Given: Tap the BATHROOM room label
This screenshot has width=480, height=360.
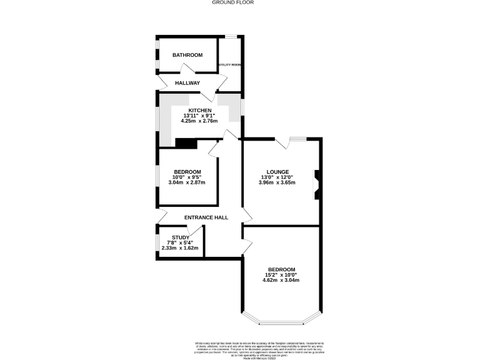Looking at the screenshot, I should tap(187, 55).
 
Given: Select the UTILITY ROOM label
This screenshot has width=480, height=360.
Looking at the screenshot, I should tap(230, 65).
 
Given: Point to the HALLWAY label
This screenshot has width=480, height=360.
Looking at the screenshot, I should tap(187, 83).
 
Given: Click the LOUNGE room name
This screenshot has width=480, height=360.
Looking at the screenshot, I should tap(277, 172).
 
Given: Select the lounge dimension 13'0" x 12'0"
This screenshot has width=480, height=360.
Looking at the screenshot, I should tap(277, 177).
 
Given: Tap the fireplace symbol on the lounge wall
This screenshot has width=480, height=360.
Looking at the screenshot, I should tap(316, 184).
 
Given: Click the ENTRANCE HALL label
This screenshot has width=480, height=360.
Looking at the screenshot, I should tap(206, 217).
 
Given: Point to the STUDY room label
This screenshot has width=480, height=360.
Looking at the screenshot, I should tap(181, 237).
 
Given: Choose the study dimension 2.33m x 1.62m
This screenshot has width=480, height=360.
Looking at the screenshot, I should tap(180, 248).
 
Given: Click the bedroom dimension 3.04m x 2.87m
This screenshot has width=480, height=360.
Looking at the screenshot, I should tap(187, 182).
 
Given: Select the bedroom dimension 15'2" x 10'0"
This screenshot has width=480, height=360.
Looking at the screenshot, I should tap(282, 274).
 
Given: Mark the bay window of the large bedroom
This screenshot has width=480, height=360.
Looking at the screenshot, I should tap(281, 323).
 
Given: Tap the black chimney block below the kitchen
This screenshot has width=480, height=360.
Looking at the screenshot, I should tap(186, 144).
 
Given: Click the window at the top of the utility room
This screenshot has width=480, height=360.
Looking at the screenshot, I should tap(231, 36).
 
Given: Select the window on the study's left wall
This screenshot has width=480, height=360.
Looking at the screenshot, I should tap(156, 242).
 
